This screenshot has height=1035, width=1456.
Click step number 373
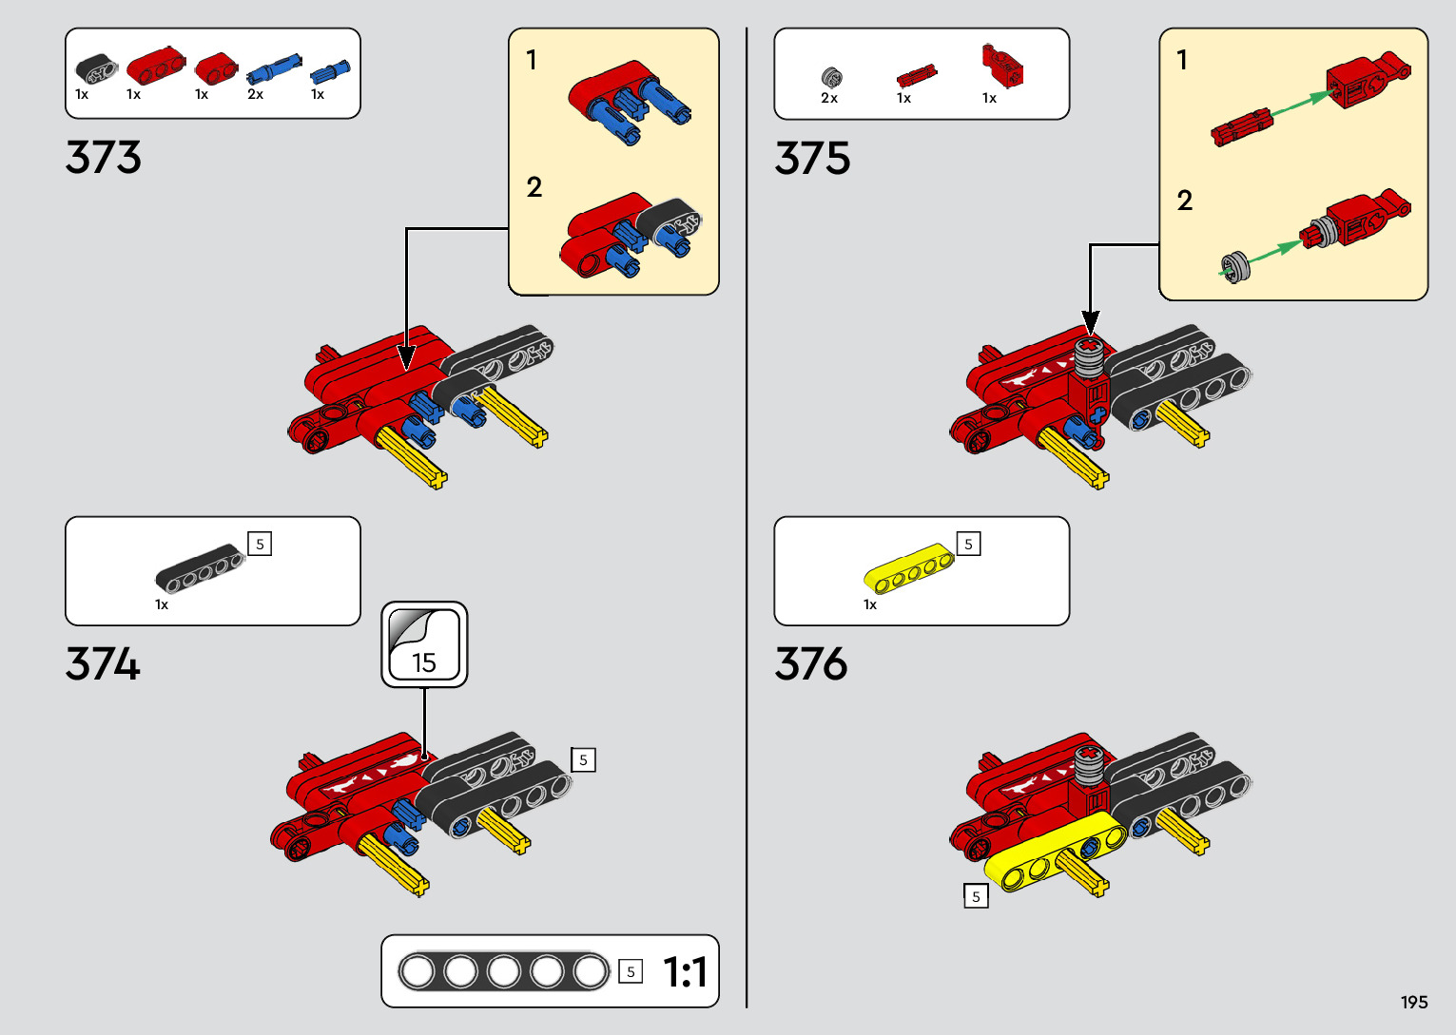(x=104, y=158)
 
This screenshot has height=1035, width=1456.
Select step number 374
(x=103, y=663)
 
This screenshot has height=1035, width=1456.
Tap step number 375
(x=812, y=158)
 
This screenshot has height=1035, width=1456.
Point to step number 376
(x=811, y=663)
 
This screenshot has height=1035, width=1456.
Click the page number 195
(x=1413, y=1003)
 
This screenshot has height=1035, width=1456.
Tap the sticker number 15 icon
(x=424, y=644)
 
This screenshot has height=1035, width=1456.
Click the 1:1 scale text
(x=685, y=972)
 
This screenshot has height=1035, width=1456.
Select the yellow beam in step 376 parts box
(x=907, y=568)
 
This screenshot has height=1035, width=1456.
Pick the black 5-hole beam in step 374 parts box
(x=200, y=568)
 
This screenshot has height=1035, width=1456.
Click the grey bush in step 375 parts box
(x=831, y=75)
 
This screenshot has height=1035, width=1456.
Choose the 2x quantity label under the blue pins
(x=255, y=94)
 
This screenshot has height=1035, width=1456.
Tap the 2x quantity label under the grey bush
(x=829, y=98)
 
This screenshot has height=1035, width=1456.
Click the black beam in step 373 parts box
(x=96, y=69)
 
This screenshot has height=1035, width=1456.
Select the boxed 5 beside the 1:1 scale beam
(x=630, y=971)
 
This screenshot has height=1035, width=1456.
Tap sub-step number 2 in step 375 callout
(x=1184, y=201)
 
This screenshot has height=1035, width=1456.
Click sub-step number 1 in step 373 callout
(x=532, y=60)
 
